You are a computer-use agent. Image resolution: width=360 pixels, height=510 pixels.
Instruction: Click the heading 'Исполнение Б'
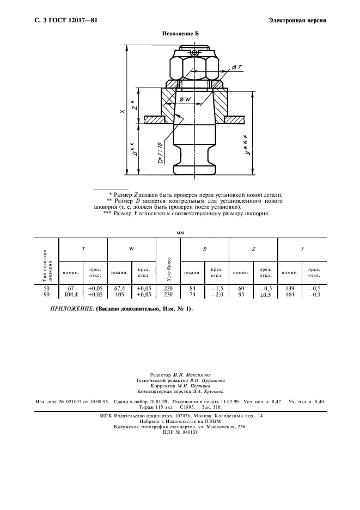[180, 34]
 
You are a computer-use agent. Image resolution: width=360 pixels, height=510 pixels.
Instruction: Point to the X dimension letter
[123, 111]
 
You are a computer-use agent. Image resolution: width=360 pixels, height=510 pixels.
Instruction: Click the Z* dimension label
[134, 104]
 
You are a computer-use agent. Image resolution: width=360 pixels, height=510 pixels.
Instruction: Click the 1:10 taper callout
[161, 151]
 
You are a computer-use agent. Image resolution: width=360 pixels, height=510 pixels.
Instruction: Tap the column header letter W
[132, 248]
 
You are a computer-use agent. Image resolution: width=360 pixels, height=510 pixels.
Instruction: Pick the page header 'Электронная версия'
[297, 21]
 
